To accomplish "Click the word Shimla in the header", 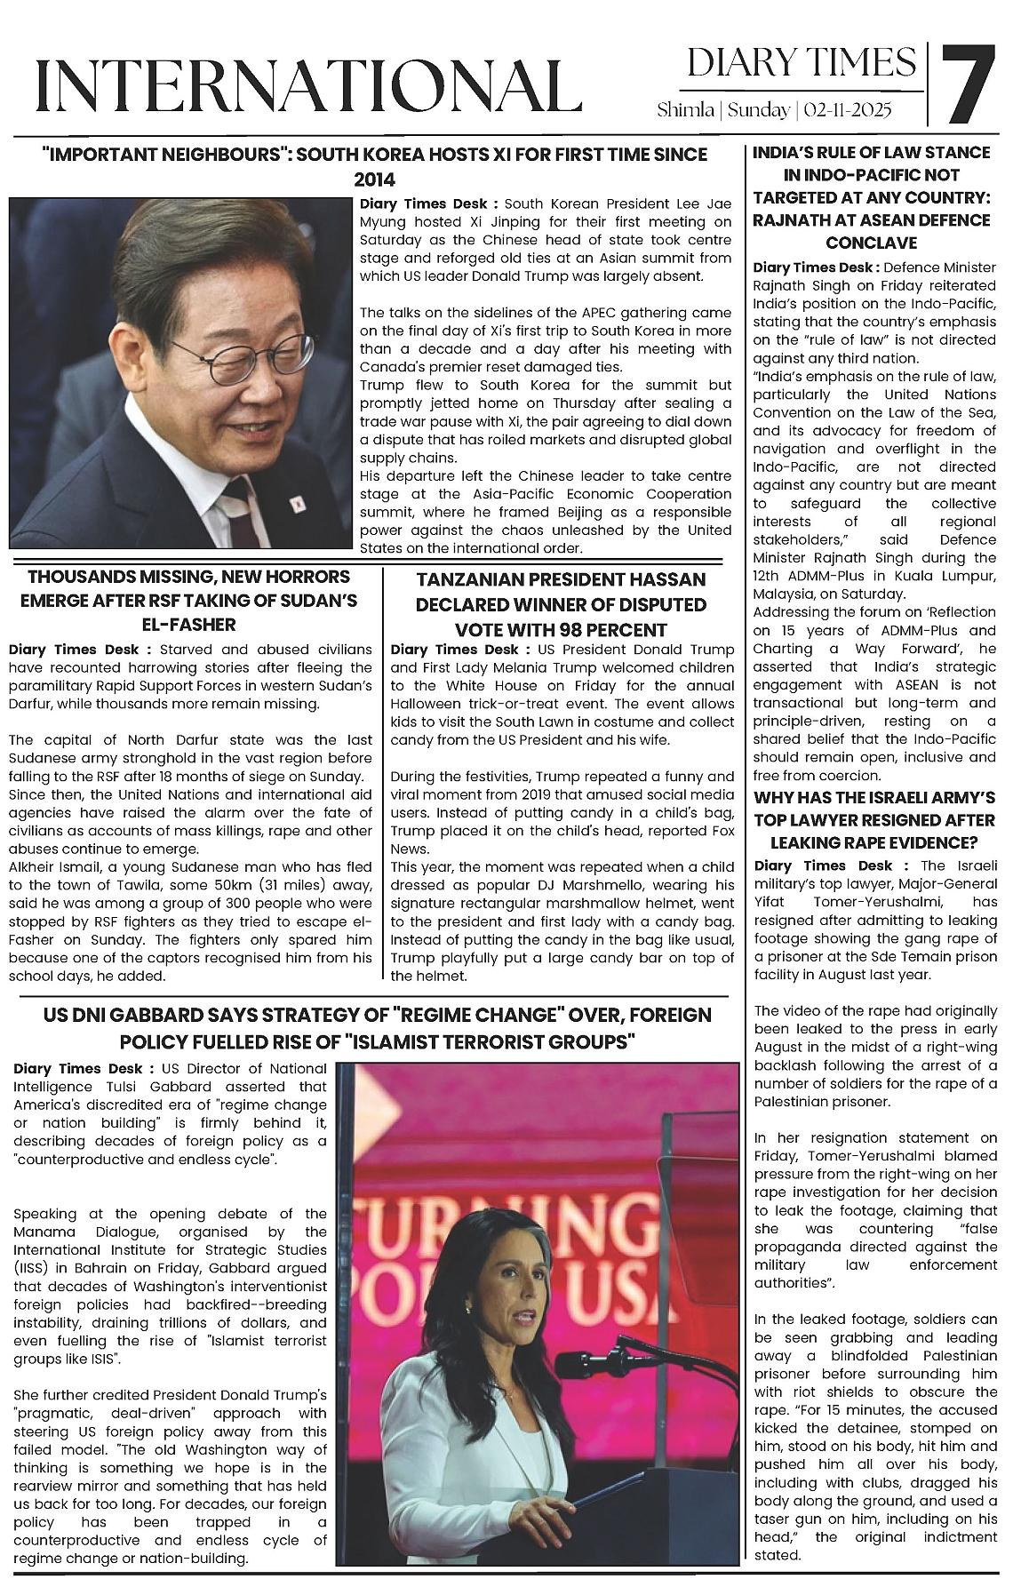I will click(685, 110).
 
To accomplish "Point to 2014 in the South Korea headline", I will click(374, 179).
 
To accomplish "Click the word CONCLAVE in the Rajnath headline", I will click(871, 243).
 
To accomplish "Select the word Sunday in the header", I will click(761, 110).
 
